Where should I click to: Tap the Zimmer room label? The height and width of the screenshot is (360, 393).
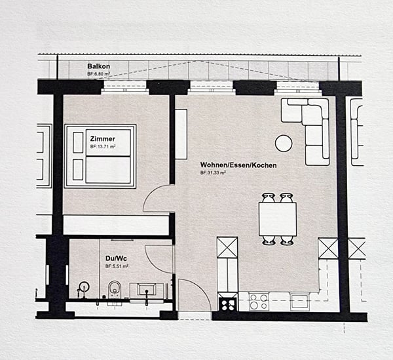(103, 139)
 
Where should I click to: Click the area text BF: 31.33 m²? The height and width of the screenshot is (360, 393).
(214, 172)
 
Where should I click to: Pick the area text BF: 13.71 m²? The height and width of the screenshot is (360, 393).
(103, 147)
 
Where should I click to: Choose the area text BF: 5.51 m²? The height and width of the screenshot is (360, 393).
(117, 266)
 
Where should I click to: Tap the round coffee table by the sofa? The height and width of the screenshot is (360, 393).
(284, 143)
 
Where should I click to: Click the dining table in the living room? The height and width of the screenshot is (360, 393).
(277, 218)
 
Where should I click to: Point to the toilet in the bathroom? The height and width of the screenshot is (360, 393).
(115, 290)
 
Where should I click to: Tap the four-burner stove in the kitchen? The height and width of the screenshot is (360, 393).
(259, 302)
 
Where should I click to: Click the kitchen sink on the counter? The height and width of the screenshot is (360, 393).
(299, 301)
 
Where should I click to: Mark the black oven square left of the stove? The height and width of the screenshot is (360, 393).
(227, 304)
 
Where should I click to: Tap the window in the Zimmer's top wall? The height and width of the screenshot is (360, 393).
(125, 87)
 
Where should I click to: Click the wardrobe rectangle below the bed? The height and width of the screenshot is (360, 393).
(115, 225)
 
